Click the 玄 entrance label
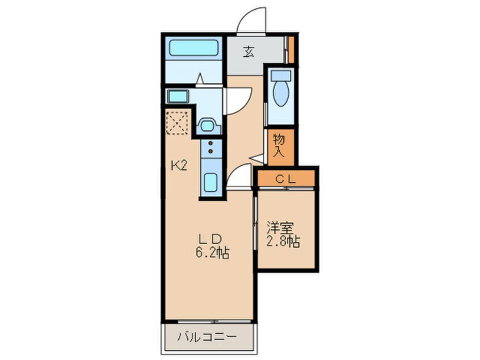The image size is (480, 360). (x=249, y=53)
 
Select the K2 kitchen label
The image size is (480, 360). (x=179, y=166)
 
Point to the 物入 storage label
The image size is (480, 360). (x=279, y=145)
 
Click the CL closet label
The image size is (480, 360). (x=286, y=179)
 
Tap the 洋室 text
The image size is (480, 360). (x=280, y=228)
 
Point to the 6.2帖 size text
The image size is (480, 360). (x=211, y=253)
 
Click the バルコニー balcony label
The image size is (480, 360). (x=207, y=337)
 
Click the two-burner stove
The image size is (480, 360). (x=210, y=148)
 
